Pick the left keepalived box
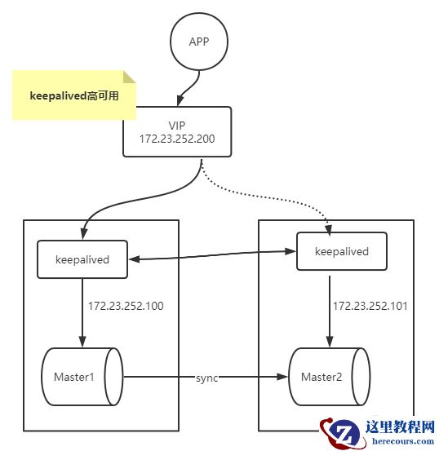pos(82,259)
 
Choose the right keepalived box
pos(341,251)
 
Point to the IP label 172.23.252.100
pos(126,307)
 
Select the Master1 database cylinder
pos(82,378)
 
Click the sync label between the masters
pos(206,378)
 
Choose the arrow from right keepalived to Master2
pos(328,310)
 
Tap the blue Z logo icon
pos(339,431)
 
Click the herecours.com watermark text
pos(403,441)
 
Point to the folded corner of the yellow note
pos(129,77)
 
